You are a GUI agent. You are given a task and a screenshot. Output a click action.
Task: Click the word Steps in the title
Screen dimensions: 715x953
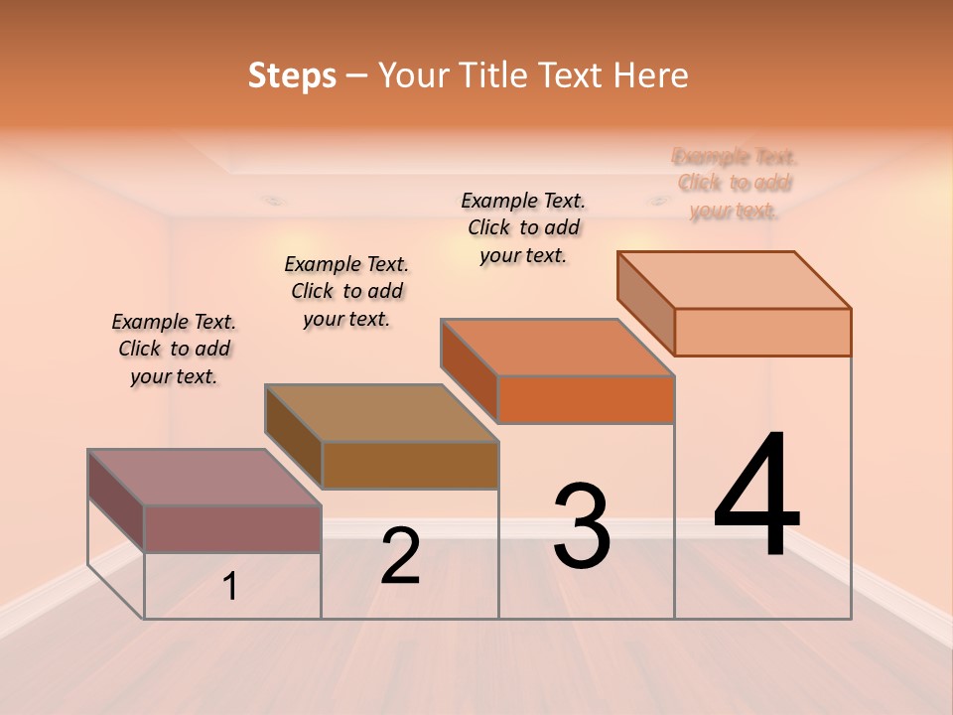(x=292, y=75)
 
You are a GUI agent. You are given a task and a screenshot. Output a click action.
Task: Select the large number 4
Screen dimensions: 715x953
(x=756, y=497)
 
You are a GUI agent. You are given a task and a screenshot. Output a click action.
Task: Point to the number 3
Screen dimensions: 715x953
(x=582, y=527)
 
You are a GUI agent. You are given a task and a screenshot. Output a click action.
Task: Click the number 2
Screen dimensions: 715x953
(x=400, y=556)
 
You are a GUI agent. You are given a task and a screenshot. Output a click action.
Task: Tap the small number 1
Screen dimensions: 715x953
(x=230, y=587)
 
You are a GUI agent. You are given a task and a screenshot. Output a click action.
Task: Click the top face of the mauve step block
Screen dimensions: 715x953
(x=204, y=477)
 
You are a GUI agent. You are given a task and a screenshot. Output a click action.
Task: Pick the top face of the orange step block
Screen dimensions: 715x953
(x=557, y=348)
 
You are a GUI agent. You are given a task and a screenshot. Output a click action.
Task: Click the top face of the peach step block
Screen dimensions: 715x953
(x=734, y=280)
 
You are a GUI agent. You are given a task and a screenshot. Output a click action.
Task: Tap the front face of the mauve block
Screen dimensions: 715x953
(x=232, y=528)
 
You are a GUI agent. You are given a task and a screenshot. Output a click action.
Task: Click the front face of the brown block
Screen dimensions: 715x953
(x=410, y=465)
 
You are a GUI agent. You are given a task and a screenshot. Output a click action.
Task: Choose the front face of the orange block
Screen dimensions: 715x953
(x=586, y=400)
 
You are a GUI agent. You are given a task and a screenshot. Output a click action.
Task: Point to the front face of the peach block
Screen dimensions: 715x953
(x=762, y=332)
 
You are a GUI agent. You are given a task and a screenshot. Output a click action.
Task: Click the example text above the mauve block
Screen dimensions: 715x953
(x=174, y=349)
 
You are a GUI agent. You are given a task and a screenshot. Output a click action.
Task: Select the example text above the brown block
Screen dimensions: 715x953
(x=346, y=291)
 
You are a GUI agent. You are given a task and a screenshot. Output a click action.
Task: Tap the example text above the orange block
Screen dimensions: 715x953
(x=523, y=227)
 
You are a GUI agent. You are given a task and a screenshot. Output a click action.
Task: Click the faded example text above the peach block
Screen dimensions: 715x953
(x=735, y=184)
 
